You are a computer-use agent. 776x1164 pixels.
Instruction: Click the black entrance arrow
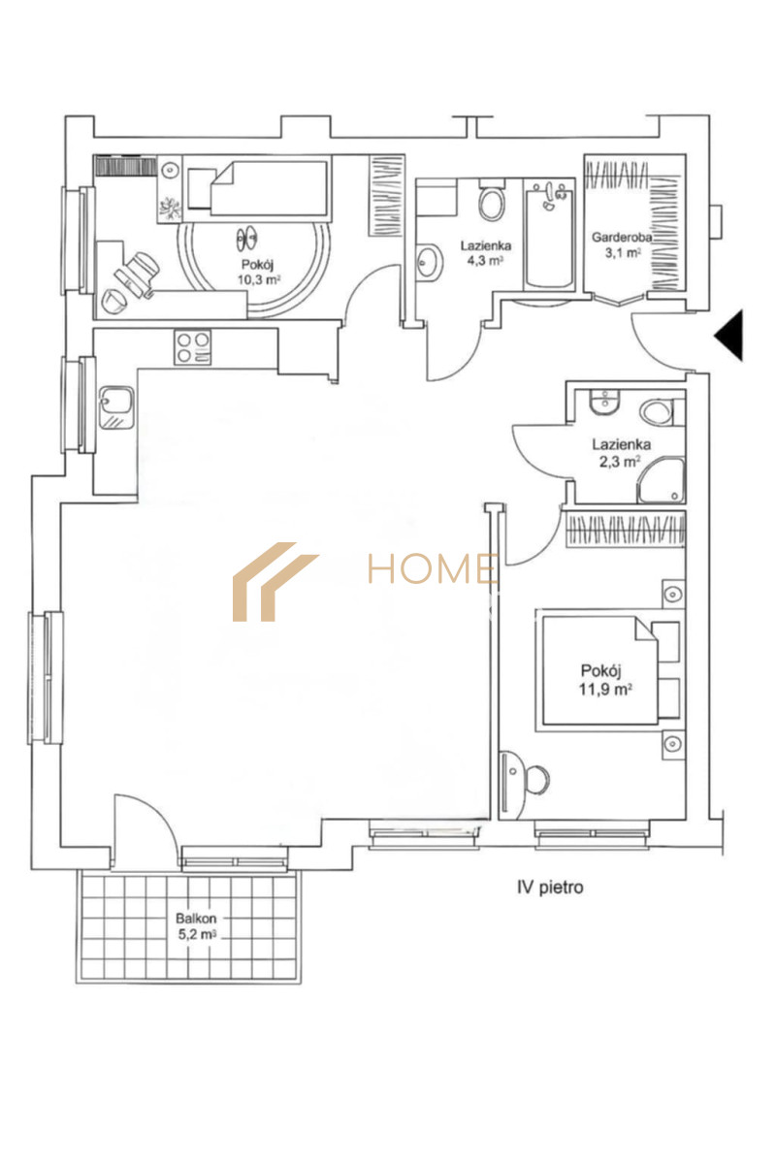click(730, 336)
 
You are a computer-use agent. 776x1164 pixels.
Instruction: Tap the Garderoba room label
click(622, 238)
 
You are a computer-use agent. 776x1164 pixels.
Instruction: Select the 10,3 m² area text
click(259, 280)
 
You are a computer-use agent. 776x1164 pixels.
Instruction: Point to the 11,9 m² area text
click(605, 690)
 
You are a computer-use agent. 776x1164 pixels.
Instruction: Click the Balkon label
click(196, 919)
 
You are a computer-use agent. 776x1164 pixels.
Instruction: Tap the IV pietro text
click(550, 887)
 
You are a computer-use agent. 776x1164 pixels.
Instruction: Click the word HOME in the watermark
click(433, 568)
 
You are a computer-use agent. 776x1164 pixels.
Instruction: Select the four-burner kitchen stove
click(193, 347)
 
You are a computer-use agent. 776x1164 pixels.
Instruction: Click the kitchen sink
click(116, 408)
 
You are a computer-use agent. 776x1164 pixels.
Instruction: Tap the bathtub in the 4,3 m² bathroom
click(550, 237)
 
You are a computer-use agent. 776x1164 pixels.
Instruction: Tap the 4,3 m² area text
click(485, 260)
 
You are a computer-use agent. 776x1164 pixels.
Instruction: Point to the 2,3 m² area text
click(620, 462)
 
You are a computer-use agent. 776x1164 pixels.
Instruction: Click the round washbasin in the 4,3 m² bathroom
click(430, 263)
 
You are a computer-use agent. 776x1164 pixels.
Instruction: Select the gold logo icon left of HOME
click(275, 582)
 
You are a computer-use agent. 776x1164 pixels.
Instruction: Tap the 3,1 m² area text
click(623, 253)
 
